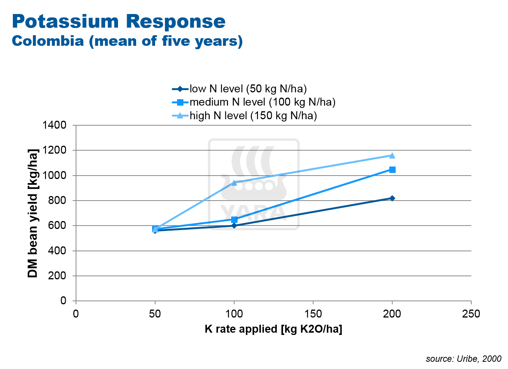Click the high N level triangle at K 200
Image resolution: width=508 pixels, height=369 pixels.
click(392, 156)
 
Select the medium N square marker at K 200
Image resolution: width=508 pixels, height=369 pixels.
click(392, 170)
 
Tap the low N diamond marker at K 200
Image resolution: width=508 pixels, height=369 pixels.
click(392, 198)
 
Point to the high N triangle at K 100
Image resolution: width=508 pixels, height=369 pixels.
click(234, 183)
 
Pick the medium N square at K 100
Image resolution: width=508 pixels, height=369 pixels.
click(234, 220)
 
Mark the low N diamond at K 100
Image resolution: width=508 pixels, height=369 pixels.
click(234, 226)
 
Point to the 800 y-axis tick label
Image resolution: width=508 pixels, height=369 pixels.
click(57, 201)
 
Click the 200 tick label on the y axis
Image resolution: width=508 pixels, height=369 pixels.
click(57, 276)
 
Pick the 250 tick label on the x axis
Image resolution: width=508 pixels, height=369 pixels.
click(471, 314)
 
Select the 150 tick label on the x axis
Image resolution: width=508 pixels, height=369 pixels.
click(313, 314)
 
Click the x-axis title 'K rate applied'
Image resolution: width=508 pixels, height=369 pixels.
click(273, 329)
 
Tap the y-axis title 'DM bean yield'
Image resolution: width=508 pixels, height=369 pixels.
click(33, 213)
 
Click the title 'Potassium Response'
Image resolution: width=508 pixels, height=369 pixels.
click(119, 21)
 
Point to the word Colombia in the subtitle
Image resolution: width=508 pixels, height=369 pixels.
click(48, 41)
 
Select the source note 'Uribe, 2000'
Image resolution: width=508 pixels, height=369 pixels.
click(463, 359)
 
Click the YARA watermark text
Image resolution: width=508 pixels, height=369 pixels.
click(253, 213)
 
